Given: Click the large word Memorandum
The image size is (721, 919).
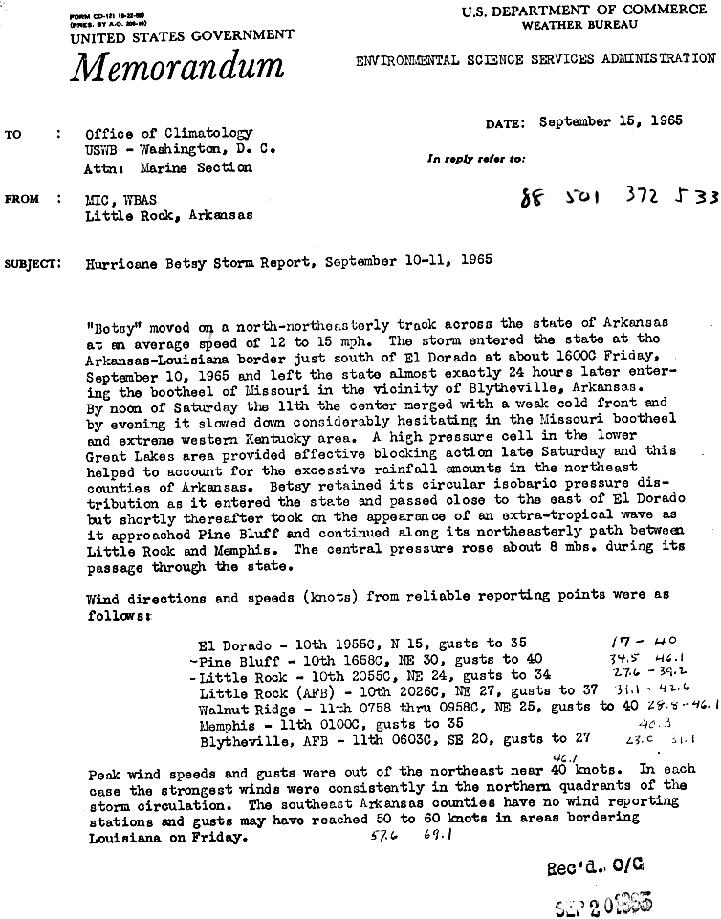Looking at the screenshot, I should (177, 67).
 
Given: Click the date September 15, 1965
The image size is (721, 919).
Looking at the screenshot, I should (610, 121).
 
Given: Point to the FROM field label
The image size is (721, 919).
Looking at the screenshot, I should (23, 199).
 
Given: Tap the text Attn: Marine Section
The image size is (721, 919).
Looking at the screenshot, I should (168, 167).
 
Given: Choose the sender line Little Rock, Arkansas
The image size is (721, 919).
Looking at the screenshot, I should (169, 215).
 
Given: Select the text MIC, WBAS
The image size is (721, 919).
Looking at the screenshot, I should (120, 199).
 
